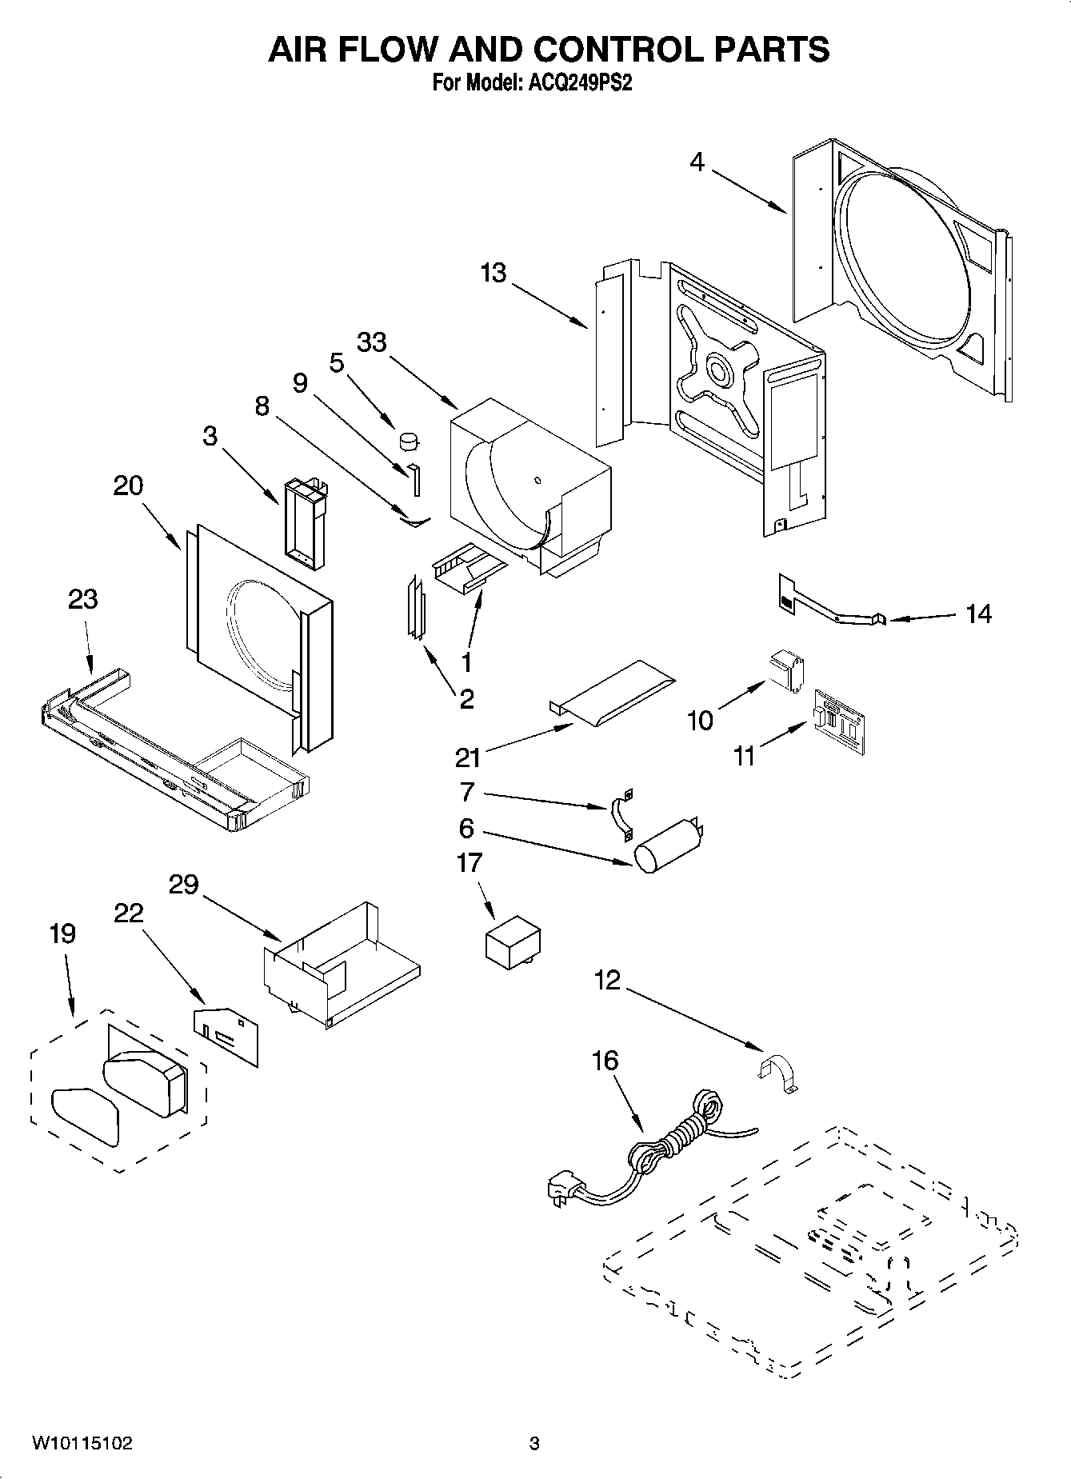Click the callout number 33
tap(371, 342)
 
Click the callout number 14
tap(978, 614)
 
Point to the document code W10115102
tap(82, 1443)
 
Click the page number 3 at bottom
tap(534, 1444)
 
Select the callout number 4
tap(697, 162)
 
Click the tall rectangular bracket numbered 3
tap(304, 523)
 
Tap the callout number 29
tap(183, 885)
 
